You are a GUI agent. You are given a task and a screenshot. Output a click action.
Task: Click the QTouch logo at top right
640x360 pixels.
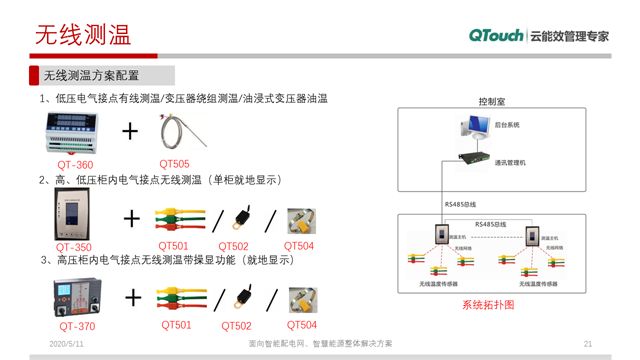497,36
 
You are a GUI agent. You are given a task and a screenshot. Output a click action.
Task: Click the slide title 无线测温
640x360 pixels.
82,36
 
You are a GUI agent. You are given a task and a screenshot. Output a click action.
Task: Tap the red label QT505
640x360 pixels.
174,164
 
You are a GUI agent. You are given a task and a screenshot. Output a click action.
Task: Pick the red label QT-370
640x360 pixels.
77,326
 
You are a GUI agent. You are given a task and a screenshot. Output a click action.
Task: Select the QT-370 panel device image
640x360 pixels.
75,298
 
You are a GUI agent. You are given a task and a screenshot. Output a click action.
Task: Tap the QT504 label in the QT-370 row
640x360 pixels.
301,325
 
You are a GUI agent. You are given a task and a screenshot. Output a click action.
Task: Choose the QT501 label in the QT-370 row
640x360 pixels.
176,325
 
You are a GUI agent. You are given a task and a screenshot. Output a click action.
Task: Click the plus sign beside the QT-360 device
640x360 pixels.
131,132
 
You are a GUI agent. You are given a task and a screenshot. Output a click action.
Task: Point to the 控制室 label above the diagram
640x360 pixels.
492,102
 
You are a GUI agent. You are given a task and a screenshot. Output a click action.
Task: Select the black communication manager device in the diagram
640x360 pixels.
471,158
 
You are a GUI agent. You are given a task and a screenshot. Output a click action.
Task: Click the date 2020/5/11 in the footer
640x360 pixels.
65,343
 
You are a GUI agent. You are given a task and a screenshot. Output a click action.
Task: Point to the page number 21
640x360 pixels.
588,343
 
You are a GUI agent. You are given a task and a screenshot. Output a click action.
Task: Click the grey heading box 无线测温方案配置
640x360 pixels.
106,75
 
